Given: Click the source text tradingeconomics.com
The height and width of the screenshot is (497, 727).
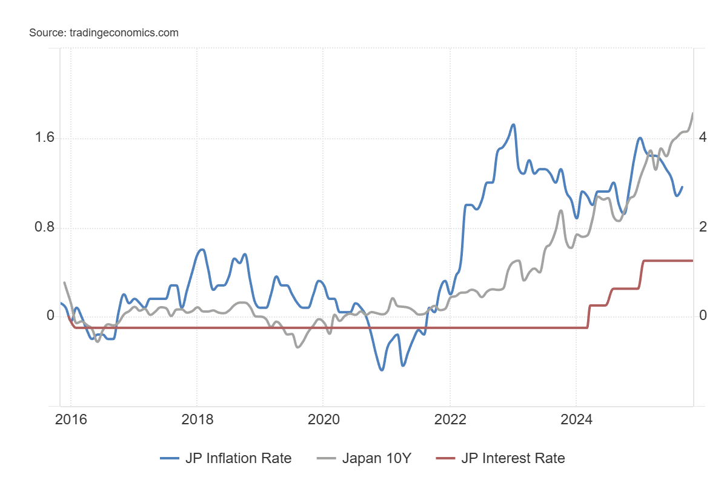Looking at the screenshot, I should pos(104,33).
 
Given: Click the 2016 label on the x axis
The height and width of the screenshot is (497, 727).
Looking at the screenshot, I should pos(71,419).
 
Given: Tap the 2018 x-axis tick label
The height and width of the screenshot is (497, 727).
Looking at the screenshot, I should pos(197,419).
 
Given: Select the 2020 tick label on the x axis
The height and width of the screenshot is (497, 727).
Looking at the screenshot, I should pos(323,419).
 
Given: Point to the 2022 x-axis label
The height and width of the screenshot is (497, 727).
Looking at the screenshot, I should pos(450,419).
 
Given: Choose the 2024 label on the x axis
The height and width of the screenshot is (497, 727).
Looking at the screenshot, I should pos(576,419).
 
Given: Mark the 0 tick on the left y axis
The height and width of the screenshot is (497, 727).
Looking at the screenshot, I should pos(50,316).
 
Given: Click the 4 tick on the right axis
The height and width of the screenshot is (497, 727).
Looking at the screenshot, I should pos(702,138).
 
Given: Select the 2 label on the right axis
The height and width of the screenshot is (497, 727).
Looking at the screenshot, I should pos(702,228).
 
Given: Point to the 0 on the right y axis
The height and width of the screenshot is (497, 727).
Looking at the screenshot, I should pos(702,316).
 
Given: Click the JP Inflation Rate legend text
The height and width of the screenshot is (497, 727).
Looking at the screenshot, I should pos(238,458).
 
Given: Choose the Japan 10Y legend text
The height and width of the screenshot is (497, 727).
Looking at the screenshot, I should pos(377,458).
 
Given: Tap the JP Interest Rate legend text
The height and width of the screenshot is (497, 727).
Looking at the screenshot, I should pos(513,458).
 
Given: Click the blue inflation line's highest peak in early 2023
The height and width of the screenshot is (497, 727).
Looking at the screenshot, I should pos(514,125).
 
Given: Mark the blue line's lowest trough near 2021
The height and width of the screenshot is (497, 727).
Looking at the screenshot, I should pos(382,370).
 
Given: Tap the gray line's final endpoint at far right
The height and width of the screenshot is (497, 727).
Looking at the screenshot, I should pos(692,113).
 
